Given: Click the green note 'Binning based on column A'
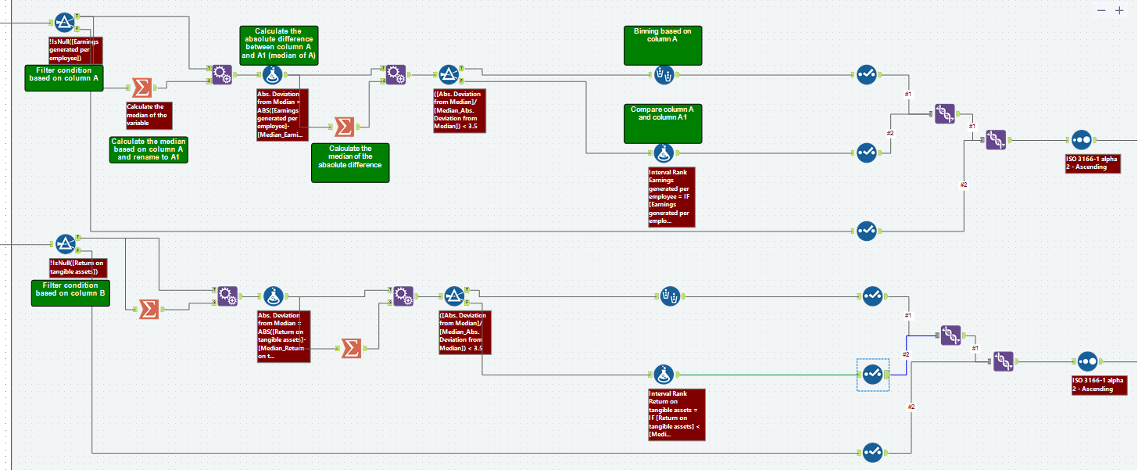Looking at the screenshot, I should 663,45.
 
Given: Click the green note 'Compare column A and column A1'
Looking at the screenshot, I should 663,123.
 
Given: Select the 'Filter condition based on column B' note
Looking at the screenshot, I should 70,292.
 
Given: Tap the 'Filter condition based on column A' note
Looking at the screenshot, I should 64,78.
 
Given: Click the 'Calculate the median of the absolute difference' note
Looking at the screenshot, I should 350,162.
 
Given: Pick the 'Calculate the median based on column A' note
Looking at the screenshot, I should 149,149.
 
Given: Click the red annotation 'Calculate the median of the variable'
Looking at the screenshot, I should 149,116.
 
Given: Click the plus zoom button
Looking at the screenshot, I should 1118,10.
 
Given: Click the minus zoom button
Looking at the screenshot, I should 1101,10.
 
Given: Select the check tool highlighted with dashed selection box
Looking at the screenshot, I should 873,375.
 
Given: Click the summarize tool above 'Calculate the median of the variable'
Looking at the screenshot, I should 142,88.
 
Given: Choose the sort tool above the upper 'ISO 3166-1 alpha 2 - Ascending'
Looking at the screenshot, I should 1081,140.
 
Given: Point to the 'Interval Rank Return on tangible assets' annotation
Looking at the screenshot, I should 677,414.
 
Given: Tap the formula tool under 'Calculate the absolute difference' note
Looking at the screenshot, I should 272,75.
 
